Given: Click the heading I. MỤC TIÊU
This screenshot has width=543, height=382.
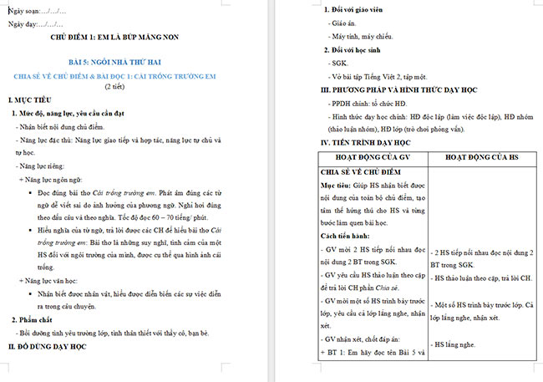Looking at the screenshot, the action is (x=32, y=99).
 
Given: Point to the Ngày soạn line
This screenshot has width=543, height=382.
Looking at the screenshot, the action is (x=37, y=10).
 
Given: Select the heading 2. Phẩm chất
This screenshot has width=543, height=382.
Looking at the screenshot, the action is (x=38, y=320).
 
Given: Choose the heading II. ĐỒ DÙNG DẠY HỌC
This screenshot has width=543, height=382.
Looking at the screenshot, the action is (x=53, y=345).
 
